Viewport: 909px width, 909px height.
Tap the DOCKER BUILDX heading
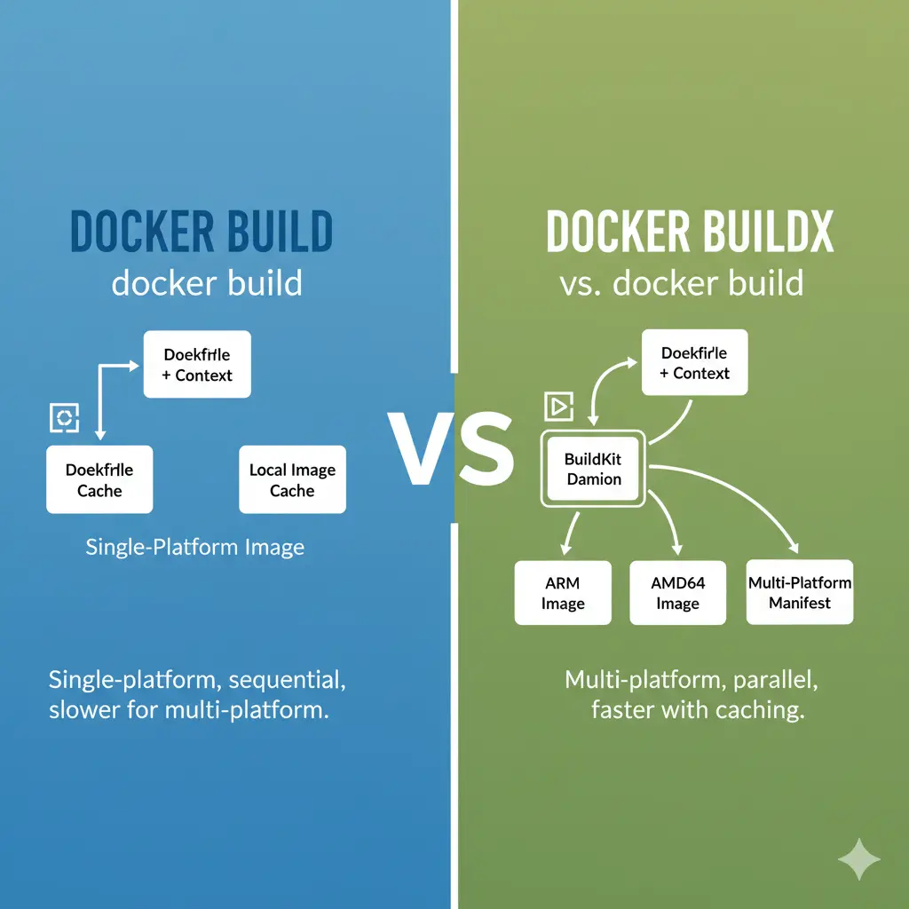point(690,232)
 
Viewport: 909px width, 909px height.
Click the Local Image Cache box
point(292,479)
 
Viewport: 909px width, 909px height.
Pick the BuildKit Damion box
point(594,469)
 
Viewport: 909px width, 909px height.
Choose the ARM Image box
point(563,593)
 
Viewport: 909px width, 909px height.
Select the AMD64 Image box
point(677,593)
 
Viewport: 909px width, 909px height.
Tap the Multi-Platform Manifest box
point(800,592)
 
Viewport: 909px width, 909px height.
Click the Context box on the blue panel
point(197,364)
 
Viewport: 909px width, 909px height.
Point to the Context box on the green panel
point(694,362)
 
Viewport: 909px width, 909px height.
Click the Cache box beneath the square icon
point(99,479)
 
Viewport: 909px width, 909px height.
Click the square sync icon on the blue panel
point(65,418)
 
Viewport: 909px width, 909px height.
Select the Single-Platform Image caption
point(194,546)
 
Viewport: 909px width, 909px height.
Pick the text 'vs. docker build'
point(682,283)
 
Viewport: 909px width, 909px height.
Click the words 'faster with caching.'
point(697,710)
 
